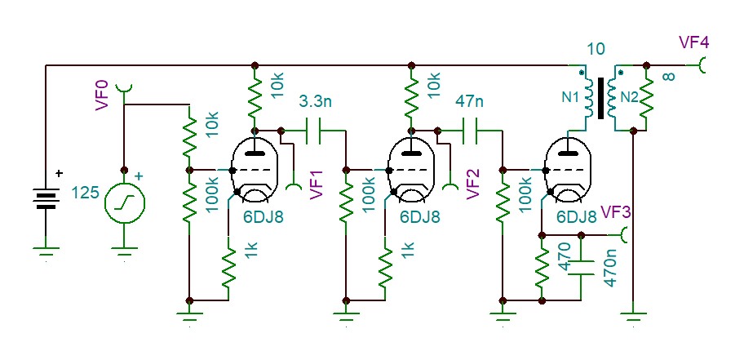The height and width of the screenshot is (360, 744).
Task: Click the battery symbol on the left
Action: [x=46, y=197]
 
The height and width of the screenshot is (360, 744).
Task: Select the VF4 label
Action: [x=693, y=42]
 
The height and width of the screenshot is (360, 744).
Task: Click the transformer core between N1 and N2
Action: [x=607, y=97]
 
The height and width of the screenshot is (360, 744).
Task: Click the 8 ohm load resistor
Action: [x=645, y=98]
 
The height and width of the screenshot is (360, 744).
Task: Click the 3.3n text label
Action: [x=315, y=103]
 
